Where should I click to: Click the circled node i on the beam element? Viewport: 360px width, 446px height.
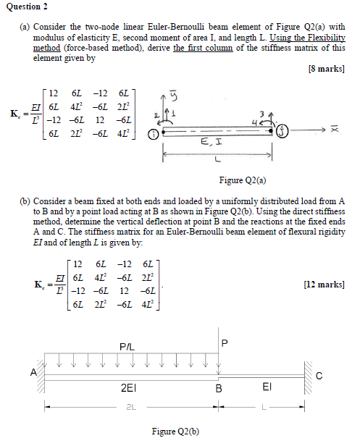click(x=153, y=134)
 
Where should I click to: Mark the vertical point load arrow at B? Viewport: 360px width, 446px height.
click(x=218, y=358)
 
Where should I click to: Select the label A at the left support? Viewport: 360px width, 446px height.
click(x=33, y=372)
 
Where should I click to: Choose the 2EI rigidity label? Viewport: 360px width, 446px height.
click(x=130, y=387)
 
